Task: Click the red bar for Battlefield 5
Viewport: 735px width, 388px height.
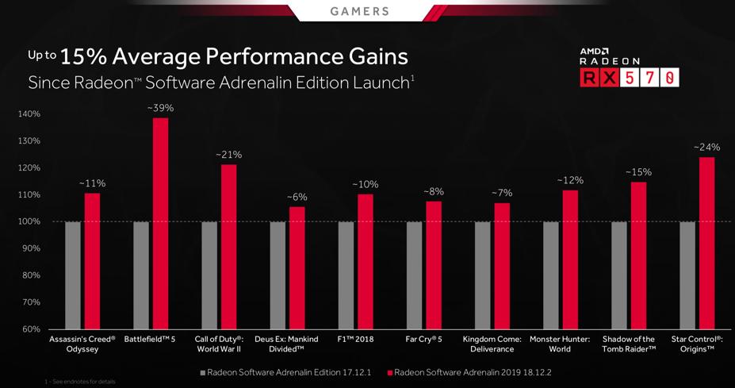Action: tap(161, 223)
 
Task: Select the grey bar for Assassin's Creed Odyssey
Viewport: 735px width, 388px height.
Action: tap(73, 275)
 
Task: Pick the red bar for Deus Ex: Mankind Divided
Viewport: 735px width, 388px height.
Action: tap(297, 267)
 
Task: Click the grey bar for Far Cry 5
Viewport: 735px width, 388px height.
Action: tap(414, 275)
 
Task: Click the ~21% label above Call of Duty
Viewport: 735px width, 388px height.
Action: tap(229, 155)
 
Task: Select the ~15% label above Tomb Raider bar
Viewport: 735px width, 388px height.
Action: tap(638, 172)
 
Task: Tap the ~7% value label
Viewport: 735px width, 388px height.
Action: tap(502, 194)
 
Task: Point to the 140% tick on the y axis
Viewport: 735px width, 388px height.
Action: tap(28, 114)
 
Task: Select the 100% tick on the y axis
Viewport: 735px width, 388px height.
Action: tap(28, 221)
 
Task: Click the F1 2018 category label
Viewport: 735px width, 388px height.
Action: tap(354, 340)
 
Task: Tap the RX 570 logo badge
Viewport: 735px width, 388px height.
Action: tap(630, 78)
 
